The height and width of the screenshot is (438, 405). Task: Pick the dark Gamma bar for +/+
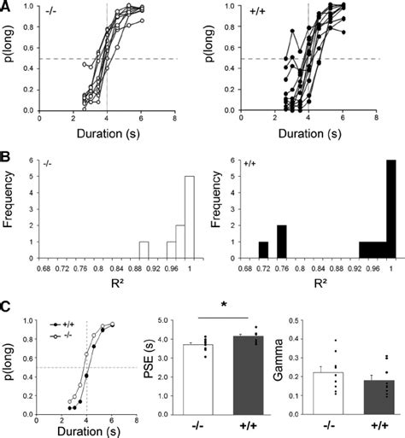pos(371,397)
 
